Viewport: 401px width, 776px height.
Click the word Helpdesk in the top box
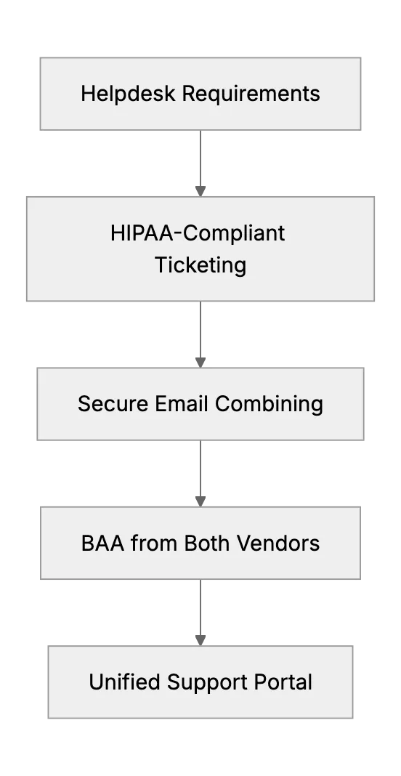[129, 94]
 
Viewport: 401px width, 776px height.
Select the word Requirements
[251, 94]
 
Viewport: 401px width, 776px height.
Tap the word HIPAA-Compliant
[198, 233]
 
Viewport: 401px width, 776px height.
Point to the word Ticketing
[200, 265]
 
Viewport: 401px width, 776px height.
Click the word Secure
[113, 404]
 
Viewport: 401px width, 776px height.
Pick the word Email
[182, 404]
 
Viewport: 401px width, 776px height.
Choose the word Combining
[269, 404]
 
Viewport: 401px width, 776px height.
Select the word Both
[208, 543]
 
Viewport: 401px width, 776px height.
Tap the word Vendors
[278, 543]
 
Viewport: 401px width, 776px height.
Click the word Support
[208, 683]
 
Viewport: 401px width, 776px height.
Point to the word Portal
[283, 682]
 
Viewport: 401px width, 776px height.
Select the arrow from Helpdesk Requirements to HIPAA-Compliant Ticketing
[200, 163]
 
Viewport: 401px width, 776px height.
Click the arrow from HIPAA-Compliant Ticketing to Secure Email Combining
[200, 334]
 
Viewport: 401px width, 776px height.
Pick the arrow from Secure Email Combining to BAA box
[200, 474]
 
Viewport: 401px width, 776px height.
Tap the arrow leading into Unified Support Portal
[200, 613]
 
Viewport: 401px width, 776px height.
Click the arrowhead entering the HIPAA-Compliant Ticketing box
[200, 191]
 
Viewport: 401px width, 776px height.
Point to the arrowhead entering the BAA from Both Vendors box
[200, 501]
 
